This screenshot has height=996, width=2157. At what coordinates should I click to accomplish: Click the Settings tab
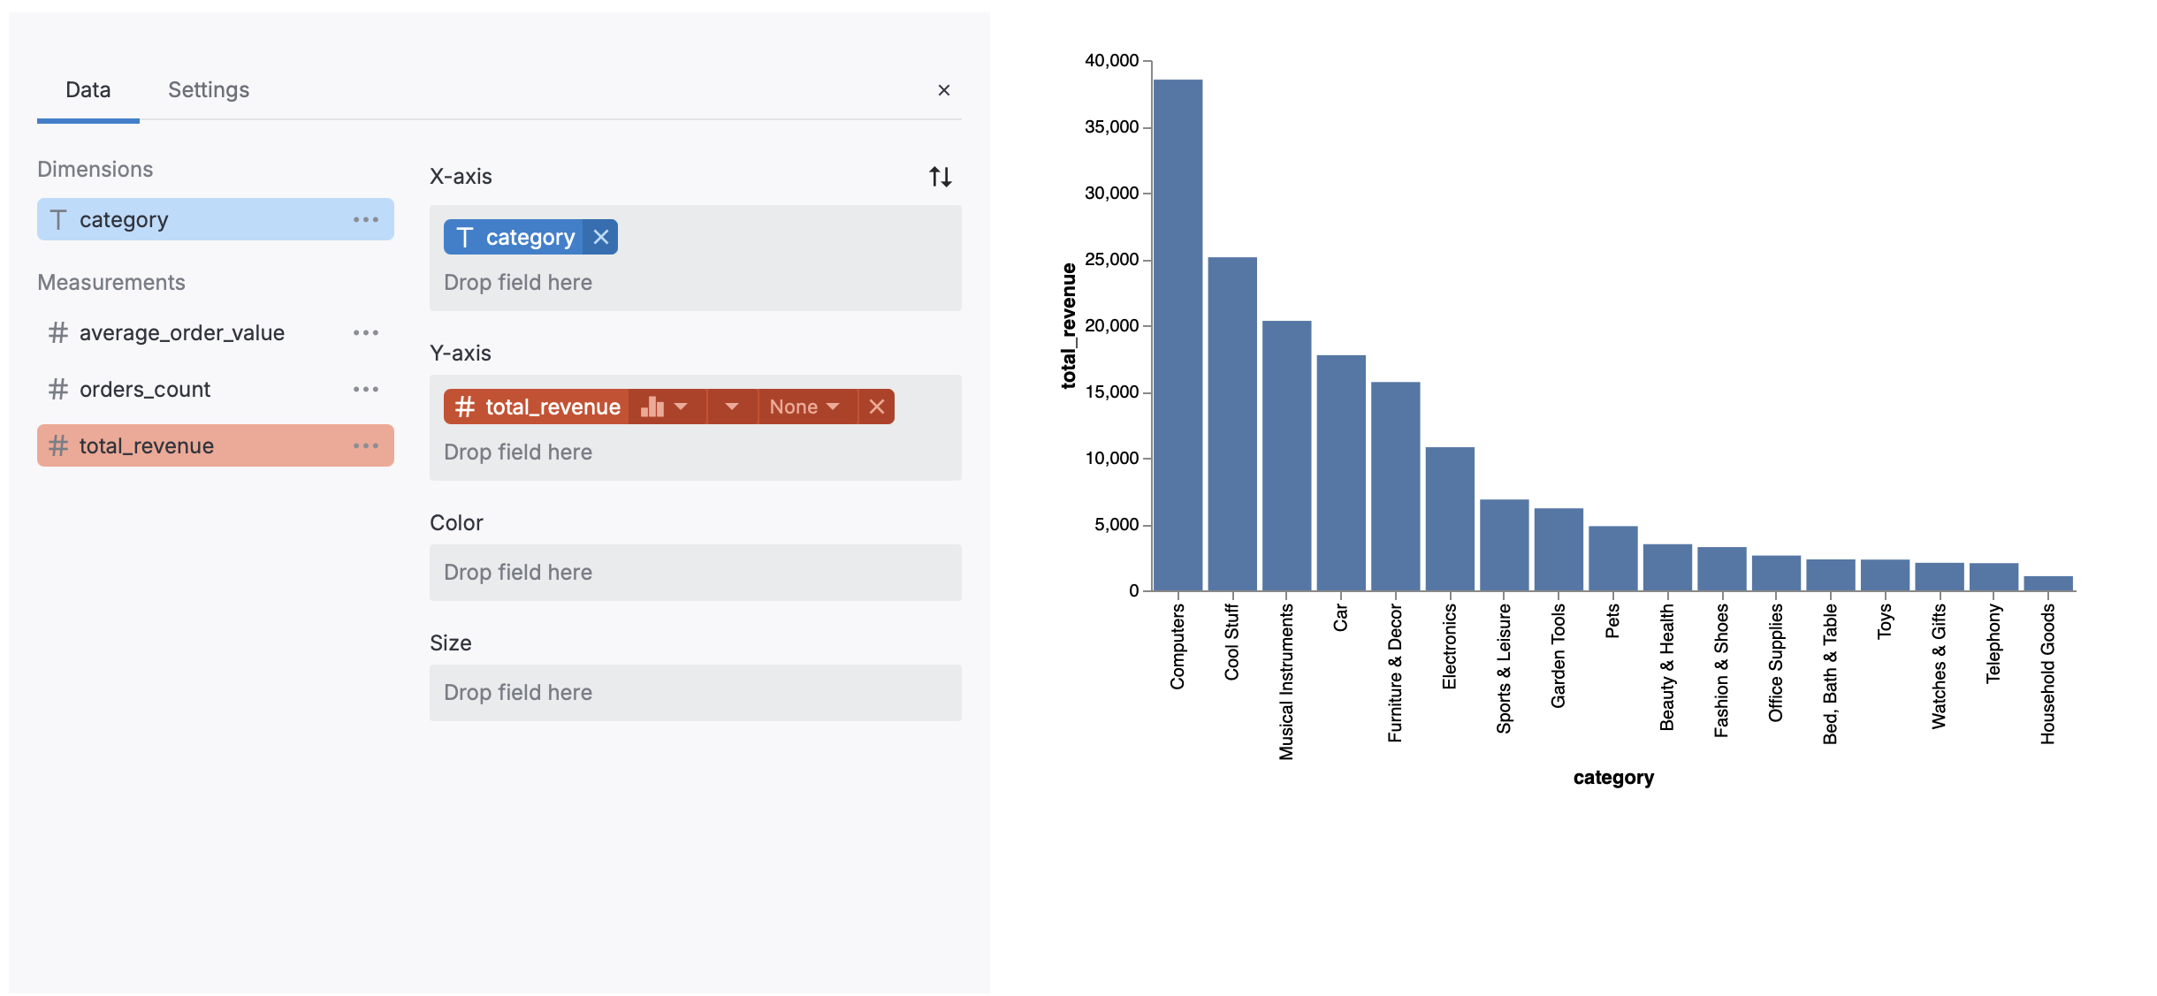pyautogui.click(x=209, y=90)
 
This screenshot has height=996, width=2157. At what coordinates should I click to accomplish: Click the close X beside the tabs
pyautogui.click(x=943, y=90)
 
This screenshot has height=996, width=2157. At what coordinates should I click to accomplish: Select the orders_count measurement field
pyautogui.click(x=145, y=390)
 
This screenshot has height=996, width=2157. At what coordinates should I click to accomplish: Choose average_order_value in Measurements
pyautogui.click(x=181, y=333)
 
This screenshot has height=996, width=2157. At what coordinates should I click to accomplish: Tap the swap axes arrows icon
pyautogui.click(x=940, y=177)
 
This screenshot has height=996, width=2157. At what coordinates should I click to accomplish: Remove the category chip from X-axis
pyautogui.click(x=601, y=237)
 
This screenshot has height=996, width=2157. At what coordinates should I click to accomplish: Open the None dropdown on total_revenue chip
pyautogui.click(x=804, y=407)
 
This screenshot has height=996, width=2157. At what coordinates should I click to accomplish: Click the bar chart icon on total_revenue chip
pyautogui.click(x=652, y=407)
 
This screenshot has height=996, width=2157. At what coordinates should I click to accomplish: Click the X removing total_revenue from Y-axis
pyautogui.click(x=876, y=407)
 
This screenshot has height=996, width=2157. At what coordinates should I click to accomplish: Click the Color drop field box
pyautogui.click(x=695, y=573)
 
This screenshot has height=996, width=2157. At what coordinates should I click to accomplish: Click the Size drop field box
pyautogui.click(x=695, y=693)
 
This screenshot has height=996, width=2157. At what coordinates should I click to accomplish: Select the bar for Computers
pyautogui.click(x=1178, y=336)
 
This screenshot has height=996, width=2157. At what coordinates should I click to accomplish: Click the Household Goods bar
pyautogui.click(x=2048, y=583)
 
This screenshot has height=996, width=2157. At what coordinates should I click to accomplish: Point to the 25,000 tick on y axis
pyautogui.click(x=1112, y=260)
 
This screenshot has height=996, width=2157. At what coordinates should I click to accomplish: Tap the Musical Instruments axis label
pyautogui.click(x=1286, y=680)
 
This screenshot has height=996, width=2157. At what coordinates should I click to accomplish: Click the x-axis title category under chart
pyautogui.click(x=1613, y=778)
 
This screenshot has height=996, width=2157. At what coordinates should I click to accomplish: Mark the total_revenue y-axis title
pyautogui.click(x=1069, y=325)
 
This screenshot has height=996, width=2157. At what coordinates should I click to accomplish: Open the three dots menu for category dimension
pyautogui.click(x=366, y=219)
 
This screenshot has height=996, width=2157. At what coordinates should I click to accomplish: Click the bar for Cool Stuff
pyautogui.click(x=1232, y=424)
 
